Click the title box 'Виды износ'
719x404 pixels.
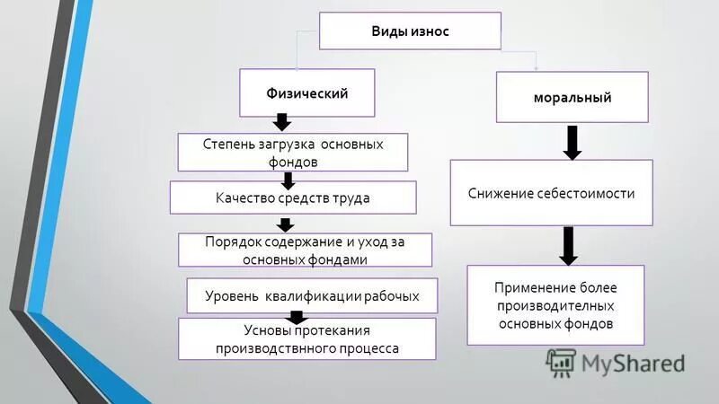coord(410,31)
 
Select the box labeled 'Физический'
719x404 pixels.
coord(306,92)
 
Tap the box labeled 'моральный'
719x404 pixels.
coord(572,97)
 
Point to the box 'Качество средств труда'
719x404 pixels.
coord(293,198)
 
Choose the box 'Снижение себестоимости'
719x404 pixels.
coord(551,193)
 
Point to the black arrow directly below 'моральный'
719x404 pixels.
coord(572,143)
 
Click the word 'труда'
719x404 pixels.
coord(351,198)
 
